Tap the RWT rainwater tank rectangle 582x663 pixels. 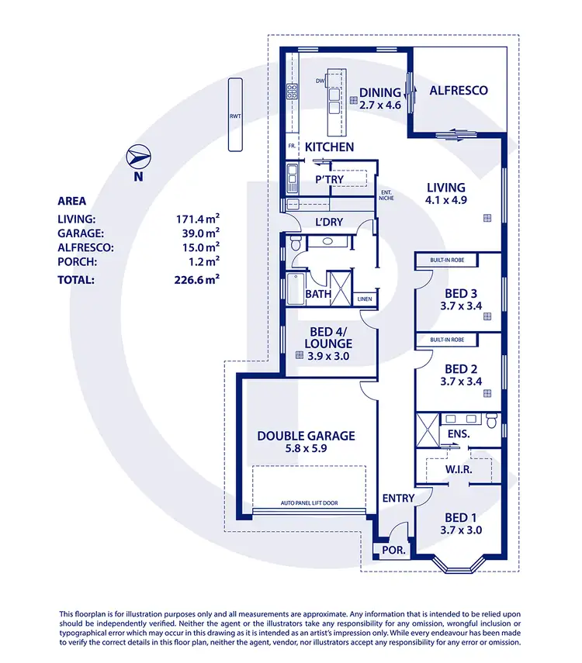(x=234, y=117)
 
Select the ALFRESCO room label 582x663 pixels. (x=459, y=91)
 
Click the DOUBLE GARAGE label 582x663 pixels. (x=306, y=436)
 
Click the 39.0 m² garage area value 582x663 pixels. (x=197, y=233)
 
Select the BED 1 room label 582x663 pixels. (x=456, y=517)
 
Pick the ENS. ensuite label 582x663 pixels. (x=459, y=434)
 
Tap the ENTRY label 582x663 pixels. (x=398, y=498)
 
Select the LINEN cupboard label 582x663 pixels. (x=365, y=299)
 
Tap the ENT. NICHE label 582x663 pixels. (x=386, y=195)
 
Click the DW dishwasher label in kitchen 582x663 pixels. (x=319, y=81)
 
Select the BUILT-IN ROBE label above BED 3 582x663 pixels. (x=447, y=260)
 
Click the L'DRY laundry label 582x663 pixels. (x=329, y=222)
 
